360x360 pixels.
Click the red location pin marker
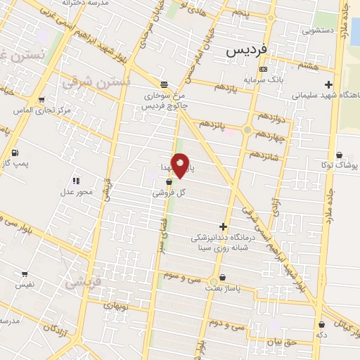point(181,165)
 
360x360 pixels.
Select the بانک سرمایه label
point(263,79)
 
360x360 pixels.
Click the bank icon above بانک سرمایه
point(263,69)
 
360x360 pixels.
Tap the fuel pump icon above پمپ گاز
point(15,153)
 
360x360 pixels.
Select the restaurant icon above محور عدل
point(76,181)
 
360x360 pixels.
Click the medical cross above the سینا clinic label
point(224,226)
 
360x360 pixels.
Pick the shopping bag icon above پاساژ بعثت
point(223,278)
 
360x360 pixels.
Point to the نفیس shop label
point(25,285)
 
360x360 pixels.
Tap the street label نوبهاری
point(116,304)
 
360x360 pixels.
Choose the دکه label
point(322,335)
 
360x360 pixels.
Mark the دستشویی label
point(318,30)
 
